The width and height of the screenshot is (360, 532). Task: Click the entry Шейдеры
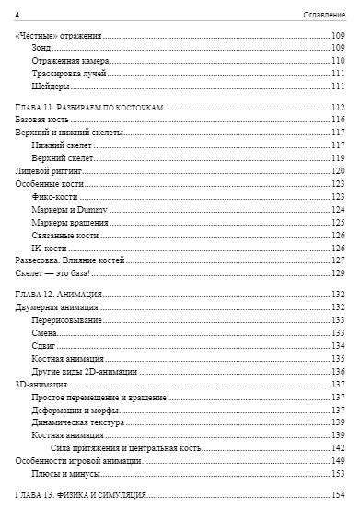[51, 87]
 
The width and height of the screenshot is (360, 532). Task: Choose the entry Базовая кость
[43, 120]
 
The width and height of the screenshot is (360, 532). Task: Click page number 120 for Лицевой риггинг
[338, 171]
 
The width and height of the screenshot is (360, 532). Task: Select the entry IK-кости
[49, 248]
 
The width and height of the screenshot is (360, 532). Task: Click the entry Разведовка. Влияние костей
[64, 260]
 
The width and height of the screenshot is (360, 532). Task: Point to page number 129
[338, 273]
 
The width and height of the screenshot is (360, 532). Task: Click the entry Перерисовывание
[66, 319]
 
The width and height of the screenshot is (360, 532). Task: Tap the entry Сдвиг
[42, 345]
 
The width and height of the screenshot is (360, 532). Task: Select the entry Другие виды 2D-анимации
[84, 371]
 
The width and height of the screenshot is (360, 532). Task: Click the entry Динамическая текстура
[78, 421]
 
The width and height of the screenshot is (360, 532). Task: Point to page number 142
[338, 446]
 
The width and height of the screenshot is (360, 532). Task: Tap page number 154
[338, 494]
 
